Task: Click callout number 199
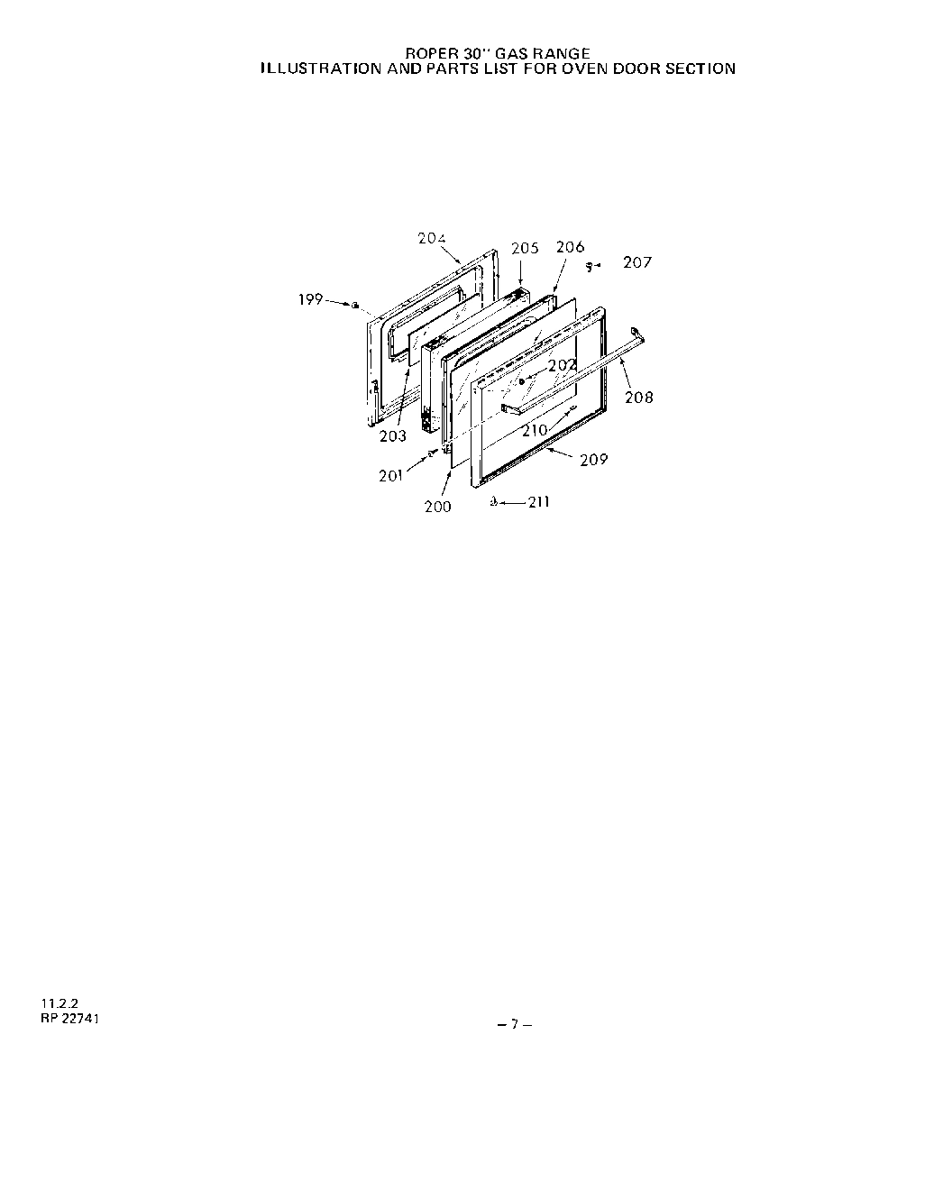(311, 299)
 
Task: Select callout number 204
(432, 238)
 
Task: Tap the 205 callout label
(525, 248)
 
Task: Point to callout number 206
(570, 246)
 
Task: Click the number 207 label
(637, 262)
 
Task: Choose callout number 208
(639, 397)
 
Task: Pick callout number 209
(594, 460)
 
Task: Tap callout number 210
(535, 430)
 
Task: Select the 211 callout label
(538, 502)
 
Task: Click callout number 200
(438, 507)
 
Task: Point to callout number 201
(391, 475)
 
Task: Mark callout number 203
(392, 436)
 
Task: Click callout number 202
(563, 365)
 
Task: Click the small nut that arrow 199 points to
(356, 306)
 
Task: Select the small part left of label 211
(494, 502)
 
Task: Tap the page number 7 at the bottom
(514, 1023)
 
